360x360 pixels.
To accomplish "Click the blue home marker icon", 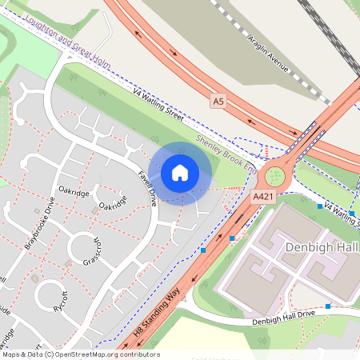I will (180, 172).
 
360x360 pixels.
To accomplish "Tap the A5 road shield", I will (218, 101).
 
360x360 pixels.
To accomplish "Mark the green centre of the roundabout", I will (275, 174).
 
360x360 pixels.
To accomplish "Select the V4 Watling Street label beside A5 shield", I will (159, 103).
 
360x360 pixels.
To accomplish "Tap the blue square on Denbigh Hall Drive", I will (328, 306).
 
